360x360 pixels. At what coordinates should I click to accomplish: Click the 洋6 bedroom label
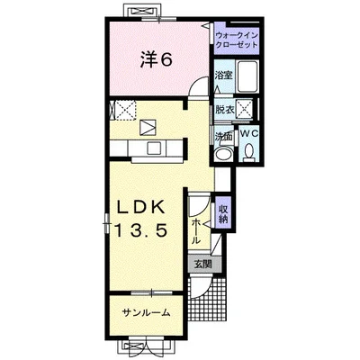pos(157,61)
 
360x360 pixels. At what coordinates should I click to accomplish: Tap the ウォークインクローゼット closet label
pos(237,40)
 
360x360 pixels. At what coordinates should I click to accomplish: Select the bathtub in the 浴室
pos(247,76)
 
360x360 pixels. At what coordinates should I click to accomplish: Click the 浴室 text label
pos(223,75)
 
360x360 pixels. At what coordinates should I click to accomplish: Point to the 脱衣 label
pos(225,110)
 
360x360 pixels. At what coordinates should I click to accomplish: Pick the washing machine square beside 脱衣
pos(244,110)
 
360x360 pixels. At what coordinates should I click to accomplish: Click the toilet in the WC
pos(248,152)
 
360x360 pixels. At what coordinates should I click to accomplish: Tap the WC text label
pos(250,134)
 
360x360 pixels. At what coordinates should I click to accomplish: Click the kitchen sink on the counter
pos(155,148)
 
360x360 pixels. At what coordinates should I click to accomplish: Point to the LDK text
pos(141,207)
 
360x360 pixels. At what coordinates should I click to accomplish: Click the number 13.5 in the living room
pos(140,230)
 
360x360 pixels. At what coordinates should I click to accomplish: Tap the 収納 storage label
pos(223,214)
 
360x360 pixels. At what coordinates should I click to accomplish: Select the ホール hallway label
pos(195,231)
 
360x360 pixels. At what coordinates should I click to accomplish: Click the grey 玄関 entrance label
pos(203,265)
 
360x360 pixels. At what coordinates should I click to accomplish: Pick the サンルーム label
pos(147,313)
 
